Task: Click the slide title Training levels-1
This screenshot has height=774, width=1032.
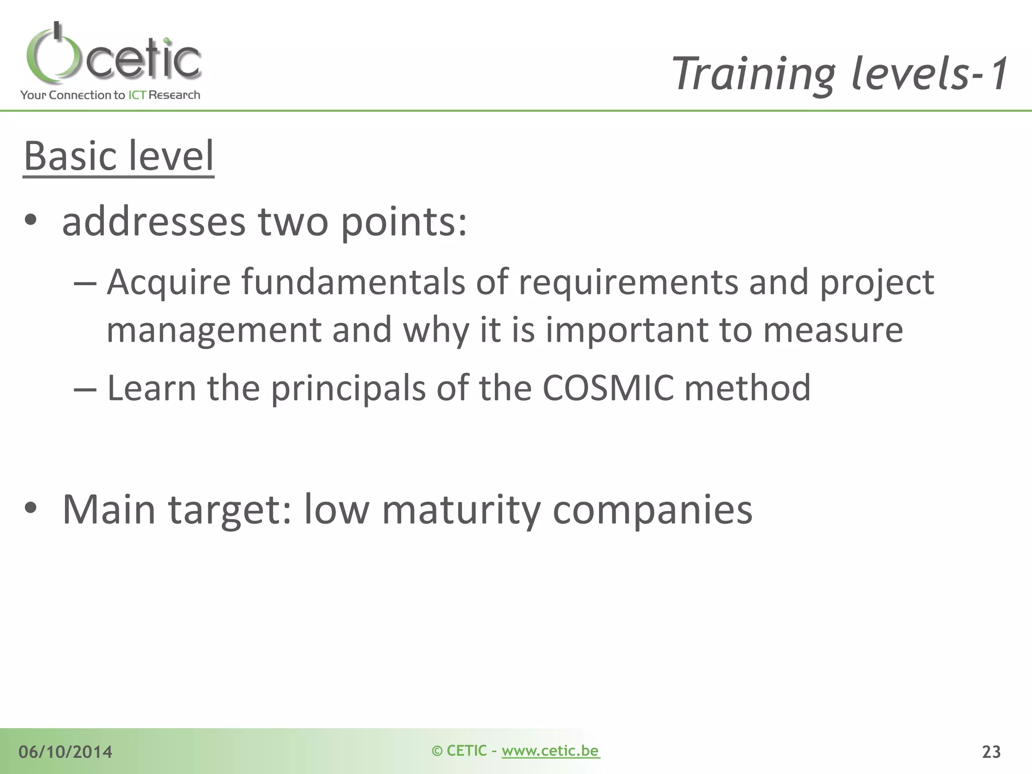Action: [x=841, y=74]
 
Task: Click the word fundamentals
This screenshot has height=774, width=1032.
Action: [x=353, y=282]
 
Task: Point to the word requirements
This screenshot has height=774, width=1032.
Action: [x=628, y=282]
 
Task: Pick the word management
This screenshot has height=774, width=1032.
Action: [x=214, y=330]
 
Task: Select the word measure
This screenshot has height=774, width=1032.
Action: [x=833, y=330]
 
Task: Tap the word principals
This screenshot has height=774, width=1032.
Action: [x=348, y=388]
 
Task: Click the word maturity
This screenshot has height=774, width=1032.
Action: [x=461, y=509]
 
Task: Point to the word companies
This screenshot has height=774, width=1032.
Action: [x=652, y=509]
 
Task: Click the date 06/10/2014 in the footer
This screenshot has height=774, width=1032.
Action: [x=66, y=752]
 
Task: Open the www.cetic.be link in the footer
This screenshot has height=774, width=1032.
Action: [x=550, y=751]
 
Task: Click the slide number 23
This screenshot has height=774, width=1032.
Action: [x=991, y=752]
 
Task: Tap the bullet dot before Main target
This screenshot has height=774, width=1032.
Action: [x=31, y=508]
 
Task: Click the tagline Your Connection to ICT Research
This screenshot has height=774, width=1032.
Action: [x=110, y=95]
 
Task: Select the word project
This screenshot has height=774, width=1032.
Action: [x=877, y=282]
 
